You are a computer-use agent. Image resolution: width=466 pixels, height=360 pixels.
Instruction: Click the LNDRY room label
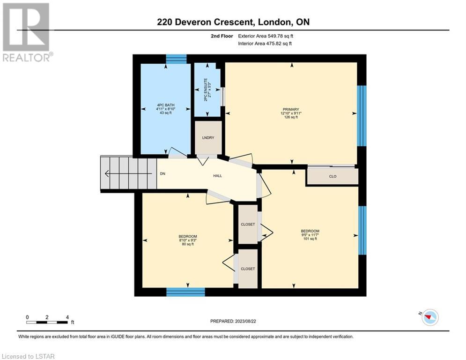click(208, 138)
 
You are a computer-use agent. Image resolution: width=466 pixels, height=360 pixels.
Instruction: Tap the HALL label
click(218, 176)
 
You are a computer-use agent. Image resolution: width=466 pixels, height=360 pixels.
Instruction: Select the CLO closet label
click(333, 176)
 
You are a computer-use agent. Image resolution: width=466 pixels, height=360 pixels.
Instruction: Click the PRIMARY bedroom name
click(291, 110)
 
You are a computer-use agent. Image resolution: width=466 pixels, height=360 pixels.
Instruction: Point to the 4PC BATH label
click(166, 105)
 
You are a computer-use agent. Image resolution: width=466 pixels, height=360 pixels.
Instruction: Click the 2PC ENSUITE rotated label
click(206, 90)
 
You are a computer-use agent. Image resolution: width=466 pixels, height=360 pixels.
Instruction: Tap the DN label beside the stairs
click(163, 174)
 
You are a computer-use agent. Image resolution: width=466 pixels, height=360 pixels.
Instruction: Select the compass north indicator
click(429, 317)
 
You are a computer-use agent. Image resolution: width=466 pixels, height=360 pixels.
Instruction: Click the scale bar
click(47, 322)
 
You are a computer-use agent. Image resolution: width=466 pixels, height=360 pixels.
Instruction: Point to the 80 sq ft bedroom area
click(188, 244)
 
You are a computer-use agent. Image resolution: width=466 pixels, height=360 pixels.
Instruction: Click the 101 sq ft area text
click(310, 239)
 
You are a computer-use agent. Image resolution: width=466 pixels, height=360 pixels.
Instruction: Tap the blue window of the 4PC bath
click(176, 59)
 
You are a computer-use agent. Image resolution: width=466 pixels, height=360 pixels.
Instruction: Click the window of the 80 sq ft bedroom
click(185, 292)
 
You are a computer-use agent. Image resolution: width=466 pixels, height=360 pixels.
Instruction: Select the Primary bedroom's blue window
click(362, 116)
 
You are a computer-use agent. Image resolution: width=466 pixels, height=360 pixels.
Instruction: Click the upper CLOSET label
click(248, 225)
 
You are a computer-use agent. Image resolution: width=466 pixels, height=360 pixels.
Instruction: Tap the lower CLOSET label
click(248, 269)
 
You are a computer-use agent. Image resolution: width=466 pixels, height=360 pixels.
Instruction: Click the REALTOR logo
click(27, 32)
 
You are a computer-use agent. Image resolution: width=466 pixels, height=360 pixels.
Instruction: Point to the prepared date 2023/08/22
click(245, 321)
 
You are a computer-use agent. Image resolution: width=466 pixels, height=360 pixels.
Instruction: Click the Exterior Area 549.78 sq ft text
click(266, 36)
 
